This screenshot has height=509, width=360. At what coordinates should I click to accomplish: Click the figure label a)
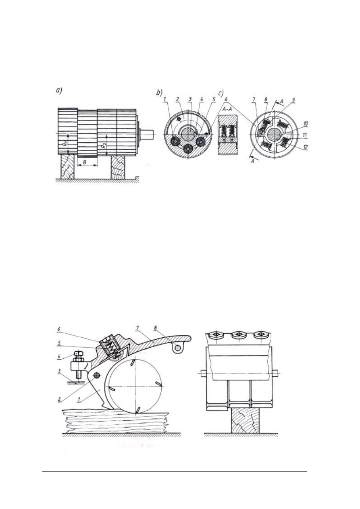pos(59,91)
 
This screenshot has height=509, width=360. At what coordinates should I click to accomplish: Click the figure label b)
pos(159,92)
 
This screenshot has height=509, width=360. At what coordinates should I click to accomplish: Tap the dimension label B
pos(84,162)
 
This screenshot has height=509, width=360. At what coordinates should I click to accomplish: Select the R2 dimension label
pos(104,145)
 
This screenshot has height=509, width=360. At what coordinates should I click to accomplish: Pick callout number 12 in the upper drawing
pos(305,147)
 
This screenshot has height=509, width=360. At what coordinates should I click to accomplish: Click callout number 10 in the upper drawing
pos(305,124)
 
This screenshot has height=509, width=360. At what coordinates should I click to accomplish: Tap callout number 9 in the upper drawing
pos(293,100)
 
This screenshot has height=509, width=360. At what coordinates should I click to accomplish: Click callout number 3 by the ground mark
pos(60,371)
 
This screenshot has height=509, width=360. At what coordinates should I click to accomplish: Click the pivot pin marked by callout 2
pos(97,375)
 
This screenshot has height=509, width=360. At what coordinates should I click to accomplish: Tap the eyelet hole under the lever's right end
pos(178,347)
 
